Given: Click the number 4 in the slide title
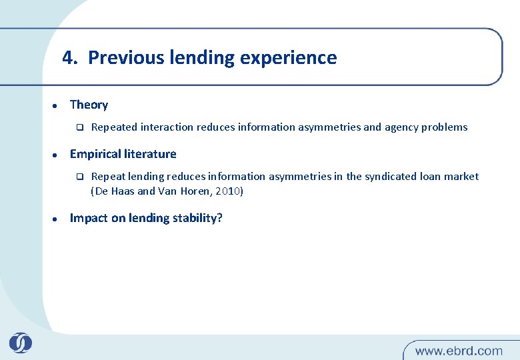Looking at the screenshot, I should coord(67,58).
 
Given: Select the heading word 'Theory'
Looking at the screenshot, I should coord(89,105).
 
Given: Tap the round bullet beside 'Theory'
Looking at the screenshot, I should coord(54,105).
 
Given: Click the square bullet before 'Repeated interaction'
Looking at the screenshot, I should coord(77,127).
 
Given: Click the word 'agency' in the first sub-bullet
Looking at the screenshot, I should coord(401,127).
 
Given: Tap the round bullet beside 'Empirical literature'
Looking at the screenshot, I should coord(54,155).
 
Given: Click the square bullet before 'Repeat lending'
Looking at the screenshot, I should coord(77,177).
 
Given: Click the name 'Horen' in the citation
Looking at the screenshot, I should coord(197,191).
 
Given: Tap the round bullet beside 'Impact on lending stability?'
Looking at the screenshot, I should coord(54,219).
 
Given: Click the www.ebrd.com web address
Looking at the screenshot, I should coord(459,350).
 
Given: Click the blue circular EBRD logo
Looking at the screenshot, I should coord(20,343).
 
